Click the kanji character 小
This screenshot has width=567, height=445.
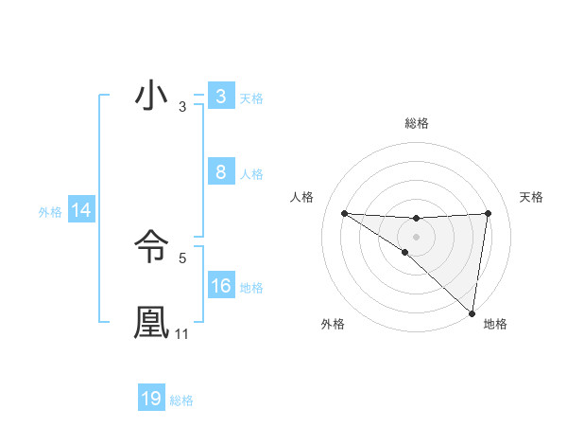(151, 98)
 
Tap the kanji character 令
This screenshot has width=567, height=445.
(151, 248)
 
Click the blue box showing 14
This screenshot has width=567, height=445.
(81, 211)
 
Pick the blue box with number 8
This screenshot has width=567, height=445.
(220, 172)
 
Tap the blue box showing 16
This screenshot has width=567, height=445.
(220, 286)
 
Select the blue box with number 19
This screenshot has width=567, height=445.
(151, 399)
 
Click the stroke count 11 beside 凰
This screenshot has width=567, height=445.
(182, 334)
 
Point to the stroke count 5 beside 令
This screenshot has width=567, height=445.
(182, 257)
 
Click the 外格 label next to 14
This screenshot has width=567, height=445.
(50, 212)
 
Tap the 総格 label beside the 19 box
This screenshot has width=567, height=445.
(181, 400)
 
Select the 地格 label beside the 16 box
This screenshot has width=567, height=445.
(251, 288)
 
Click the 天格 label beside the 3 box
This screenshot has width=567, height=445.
(251, 98)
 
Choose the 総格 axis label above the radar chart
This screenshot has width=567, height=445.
(416, 123)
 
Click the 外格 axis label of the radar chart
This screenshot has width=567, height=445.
(333, 324)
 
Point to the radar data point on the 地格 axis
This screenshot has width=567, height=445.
(472, 313)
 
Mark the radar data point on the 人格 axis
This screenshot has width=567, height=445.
(344, 213)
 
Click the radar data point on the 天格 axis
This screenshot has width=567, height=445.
(488, 213)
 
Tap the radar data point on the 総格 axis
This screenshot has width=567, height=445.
(416, 219)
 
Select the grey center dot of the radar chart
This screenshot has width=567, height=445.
(416, 236)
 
